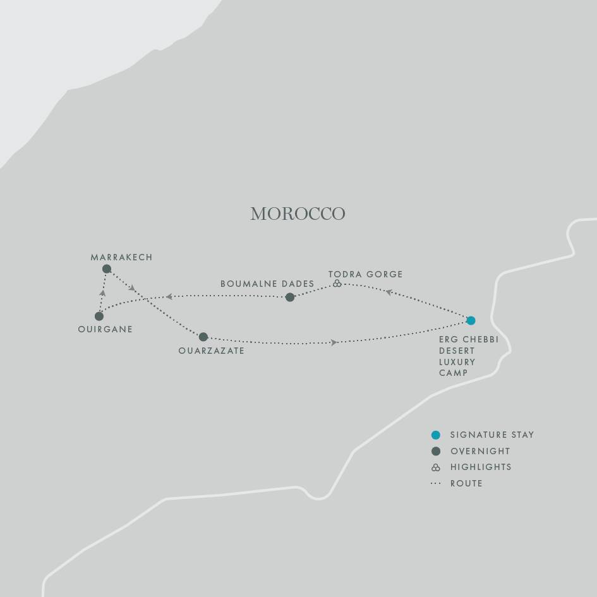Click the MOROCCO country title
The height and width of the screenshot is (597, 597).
point(298,214)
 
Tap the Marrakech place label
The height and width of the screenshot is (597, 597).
point(121,258)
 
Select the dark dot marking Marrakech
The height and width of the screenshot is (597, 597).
point(107,269)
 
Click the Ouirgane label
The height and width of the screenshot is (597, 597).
point(105,329)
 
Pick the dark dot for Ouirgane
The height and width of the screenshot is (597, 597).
point(99,317)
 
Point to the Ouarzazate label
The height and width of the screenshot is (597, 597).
point(211,351)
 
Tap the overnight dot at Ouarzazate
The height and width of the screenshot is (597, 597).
point(203,337)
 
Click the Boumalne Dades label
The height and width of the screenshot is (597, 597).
point(267,284)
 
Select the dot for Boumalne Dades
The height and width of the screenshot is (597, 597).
point(290,298)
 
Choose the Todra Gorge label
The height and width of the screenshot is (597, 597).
point(365,274)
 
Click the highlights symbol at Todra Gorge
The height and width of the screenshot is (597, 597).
point(337,284)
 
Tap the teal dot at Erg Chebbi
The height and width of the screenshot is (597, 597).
point(471,320)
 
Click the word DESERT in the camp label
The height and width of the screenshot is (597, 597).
point(457,351)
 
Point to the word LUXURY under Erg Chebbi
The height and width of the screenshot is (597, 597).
point(457,362)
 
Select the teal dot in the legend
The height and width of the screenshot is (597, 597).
point(435,435)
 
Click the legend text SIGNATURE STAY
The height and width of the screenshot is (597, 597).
point(492,435)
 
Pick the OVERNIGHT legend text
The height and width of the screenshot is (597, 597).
point(480,452)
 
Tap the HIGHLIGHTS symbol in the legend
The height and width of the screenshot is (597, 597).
point(435,467)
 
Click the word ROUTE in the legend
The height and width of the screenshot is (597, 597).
point(466,484)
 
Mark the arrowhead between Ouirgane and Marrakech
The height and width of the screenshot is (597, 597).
point(102,293)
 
